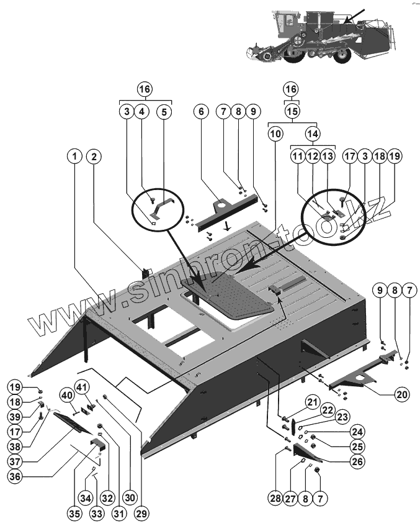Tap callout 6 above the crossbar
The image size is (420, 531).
200,112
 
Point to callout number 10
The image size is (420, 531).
275,133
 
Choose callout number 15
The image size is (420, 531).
292,112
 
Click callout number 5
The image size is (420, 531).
164,112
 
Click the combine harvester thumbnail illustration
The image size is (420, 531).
319,36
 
